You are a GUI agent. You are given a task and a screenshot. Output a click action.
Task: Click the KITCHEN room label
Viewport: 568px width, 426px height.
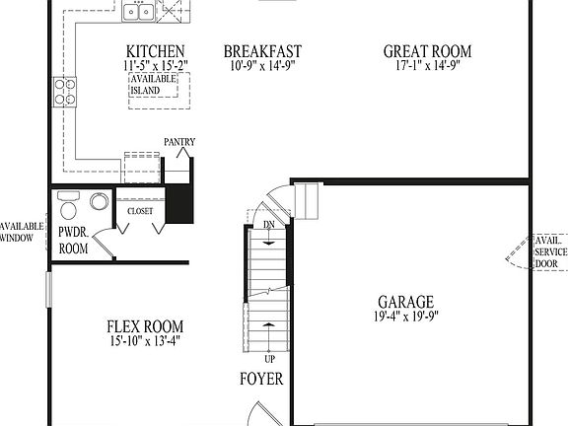pyautogui.click(x=156, y=52)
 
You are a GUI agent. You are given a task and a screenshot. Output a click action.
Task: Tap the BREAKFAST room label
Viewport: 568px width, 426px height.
pyautogui.click(x=262, y=52)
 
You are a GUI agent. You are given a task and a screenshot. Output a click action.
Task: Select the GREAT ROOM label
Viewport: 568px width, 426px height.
pyautogui.click(x=427, y=52)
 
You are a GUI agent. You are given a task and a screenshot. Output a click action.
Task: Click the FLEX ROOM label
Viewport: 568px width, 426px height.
pyautogui.click(x=144, y=327)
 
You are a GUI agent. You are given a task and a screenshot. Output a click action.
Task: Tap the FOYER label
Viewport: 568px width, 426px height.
pyautogui.click(x=261, y=379)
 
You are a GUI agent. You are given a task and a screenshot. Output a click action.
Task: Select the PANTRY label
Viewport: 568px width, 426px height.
pyautogui.click(x=179, y=142)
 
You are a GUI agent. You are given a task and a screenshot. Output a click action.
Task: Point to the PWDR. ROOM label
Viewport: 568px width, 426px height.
pyautogui.click(x=73, y=241)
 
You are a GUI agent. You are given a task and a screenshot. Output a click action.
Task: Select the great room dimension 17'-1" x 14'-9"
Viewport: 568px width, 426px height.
pyautogui.click(x=427, y=66)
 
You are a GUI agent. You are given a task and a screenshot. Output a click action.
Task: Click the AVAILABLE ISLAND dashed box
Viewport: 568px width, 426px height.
pyautogui.click(x=154, y=85)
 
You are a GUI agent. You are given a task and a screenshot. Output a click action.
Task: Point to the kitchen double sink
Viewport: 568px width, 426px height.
pyautogui.click(x=138, y=11)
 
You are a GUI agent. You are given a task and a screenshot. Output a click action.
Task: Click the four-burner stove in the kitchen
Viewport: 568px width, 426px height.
pyautogui.click(x=66, y=93)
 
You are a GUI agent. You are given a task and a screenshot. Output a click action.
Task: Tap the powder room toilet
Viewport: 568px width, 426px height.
pyautogui.click(x=68, y=207)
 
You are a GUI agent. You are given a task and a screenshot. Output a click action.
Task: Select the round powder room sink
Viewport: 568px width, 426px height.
pyautogui.click(x=100, y=201)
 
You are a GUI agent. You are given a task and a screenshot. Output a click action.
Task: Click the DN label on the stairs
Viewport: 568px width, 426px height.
pyautogui.click(x=269, y=226)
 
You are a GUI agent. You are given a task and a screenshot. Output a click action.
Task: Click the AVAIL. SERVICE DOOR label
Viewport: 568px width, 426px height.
pyautogui.click(x=548, y=252)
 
